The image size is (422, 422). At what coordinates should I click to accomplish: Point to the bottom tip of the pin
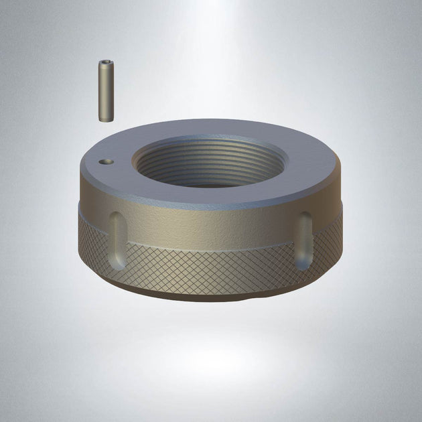106,120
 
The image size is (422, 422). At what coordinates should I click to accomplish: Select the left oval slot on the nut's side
116,238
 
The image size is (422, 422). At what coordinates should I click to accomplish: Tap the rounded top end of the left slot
116,218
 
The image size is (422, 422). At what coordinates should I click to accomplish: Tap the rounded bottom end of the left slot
117,261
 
